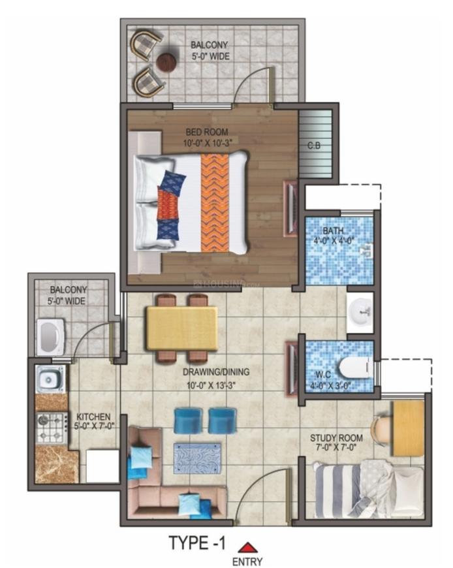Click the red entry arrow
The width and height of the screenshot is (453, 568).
[247, 547]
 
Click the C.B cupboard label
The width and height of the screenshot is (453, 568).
[313, 146]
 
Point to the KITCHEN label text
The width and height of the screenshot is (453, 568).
[93, 417]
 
